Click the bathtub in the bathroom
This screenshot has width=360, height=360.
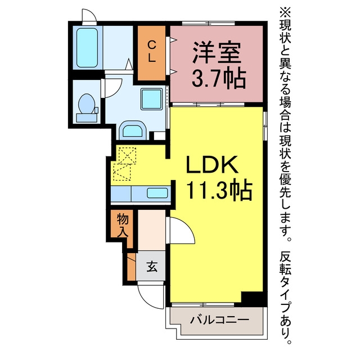(x=87, y=48)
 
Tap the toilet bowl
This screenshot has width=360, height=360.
(x=87, y=103)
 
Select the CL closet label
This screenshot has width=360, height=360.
(x=151, y=51)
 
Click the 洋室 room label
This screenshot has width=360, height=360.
(x=217, y=52)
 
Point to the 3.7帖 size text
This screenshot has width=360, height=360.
(x=219, y=78)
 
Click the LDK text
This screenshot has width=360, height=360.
(x=212, y=164)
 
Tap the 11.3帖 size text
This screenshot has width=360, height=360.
(x=219, y=190)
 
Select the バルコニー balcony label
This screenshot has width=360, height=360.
(x=219, y=320)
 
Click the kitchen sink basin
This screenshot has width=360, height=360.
(x=157, y=193)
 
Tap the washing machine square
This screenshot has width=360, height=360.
(x=151, y=99)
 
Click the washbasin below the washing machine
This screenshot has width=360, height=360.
(x=133, y=130)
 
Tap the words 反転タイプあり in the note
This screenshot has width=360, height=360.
(x=285, y=298)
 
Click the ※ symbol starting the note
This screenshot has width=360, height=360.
(x=285, y=12)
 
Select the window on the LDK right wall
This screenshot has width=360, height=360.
(x=265, y=126)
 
